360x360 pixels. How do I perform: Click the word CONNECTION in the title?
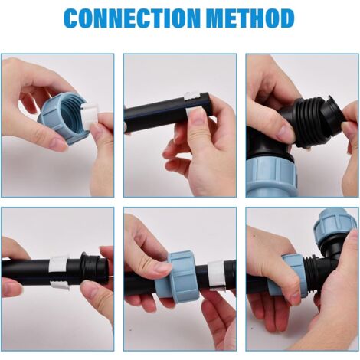(x=132, y=18)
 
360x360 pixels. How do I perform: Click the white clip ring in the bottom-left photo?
(x=59, y=272)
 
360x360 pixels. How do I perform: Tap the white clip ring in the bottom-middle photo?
(x=217, y=275)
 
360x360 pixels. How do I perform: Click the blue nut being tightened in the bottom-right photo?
(x=286, y=275)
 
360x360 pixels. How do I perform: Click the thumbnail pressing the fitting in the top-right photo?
(x=286, y=133)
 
